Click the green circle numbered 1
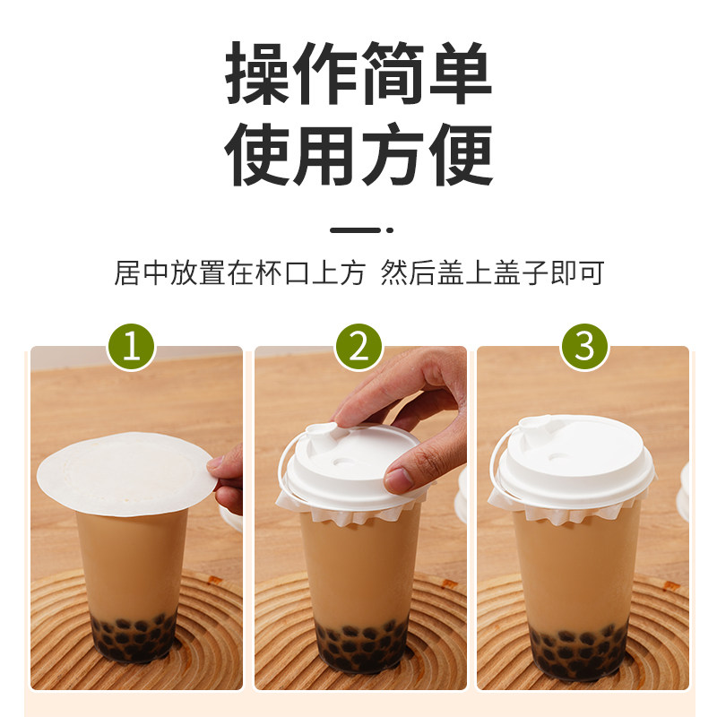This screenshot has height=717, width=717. tap(131, 347)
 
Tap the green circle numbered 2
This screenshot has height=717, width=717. tap(358, 347)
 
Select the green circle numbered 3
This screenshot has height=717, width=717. tap(584, 347)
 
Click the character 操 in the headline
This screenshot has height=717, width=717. tap(257, 73)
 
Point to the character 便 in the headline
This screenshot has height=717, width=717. tap(461, 154)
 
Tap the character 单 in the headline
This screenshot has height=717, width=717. tap(461, 73)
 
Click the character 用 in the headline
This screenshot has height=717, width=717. tap(325, 154)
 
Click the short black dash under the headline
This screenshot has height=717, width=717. tap(355, 230)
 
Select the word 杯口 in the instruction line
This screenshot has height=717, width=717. tap(283, 273)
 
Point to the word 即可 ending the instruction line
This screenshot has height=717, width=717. tap(577, 273)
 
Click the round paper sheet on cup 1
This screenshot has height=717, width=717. tap(125, 473)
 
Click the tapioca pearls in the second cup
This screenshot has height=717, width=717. tap(362, 644)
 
